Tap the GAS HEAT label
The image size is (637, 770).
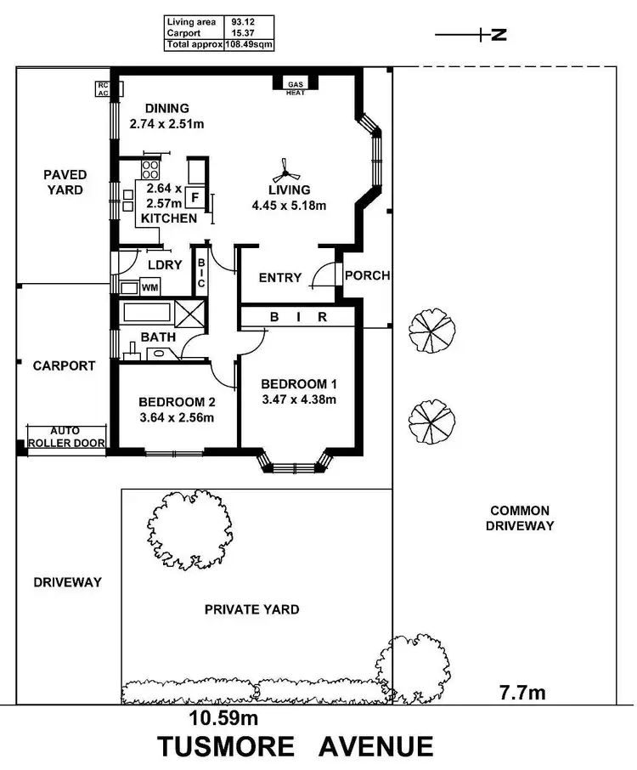point(295,88)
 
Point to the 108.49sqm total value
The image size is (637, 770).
point(249,45)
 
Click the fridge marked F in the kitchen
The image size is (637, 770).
point(194,199)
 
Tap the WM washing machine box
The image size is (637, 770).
point(149,288)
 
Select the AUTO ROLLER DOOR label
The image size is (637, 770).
point(65,437)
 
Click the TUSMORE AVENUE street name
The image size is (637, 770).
point(295,746)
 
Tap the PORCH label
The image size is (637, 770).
point(368,275)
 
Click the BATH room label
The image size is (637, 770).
point(158,337)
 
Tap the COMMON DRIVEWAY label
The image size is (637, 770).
point(519,518)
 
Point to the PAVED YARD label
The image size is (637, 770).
point(65,182)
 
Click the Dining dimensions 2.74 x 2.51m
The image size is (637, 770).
point(167,123)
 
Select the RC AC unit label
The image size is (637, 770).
point(103,89)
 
